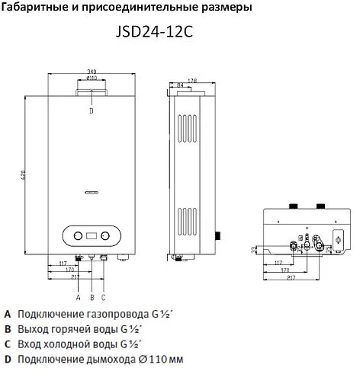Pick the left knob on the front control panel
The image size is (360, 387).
click(x=76, y=235)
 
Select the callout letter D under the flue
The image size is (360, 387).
click(x=91, y=110)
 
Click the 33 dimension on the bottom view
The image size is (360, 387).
click(x=253, y=248)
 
